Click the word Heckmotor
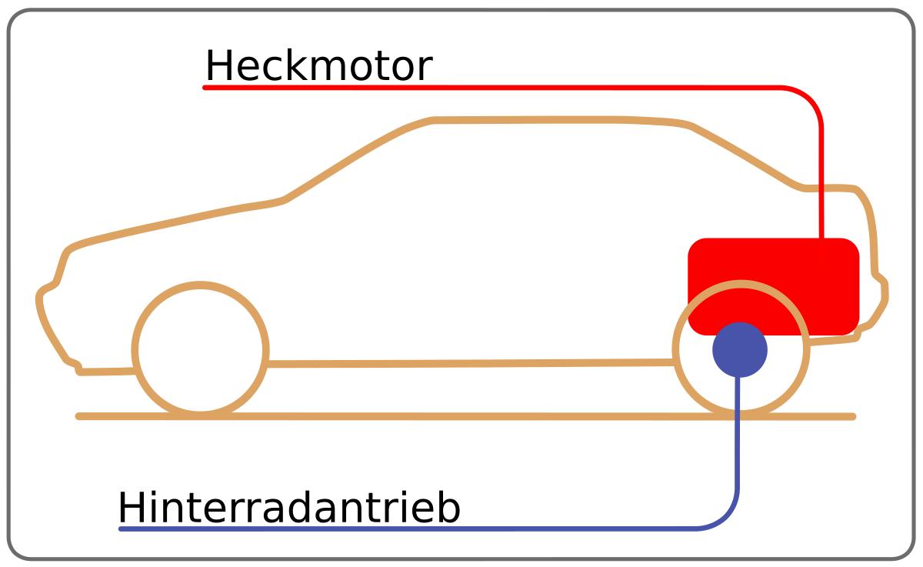pyautogui.click(x=318, y=66)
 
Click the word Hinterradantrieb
pyautogui.click(x=289, y=509)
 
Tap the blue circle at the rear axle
pyautogui.click(x=739, y=349)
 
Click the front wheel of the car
pyautogui.click(x=200, y=350)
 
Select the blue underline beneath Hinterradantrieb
pyautogui.click(x=385, y=529)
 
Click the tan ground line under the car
pyautogui.click(x=461, y=416)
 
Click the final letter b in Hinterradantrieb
pyautogui.click(x=448, y=509)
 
